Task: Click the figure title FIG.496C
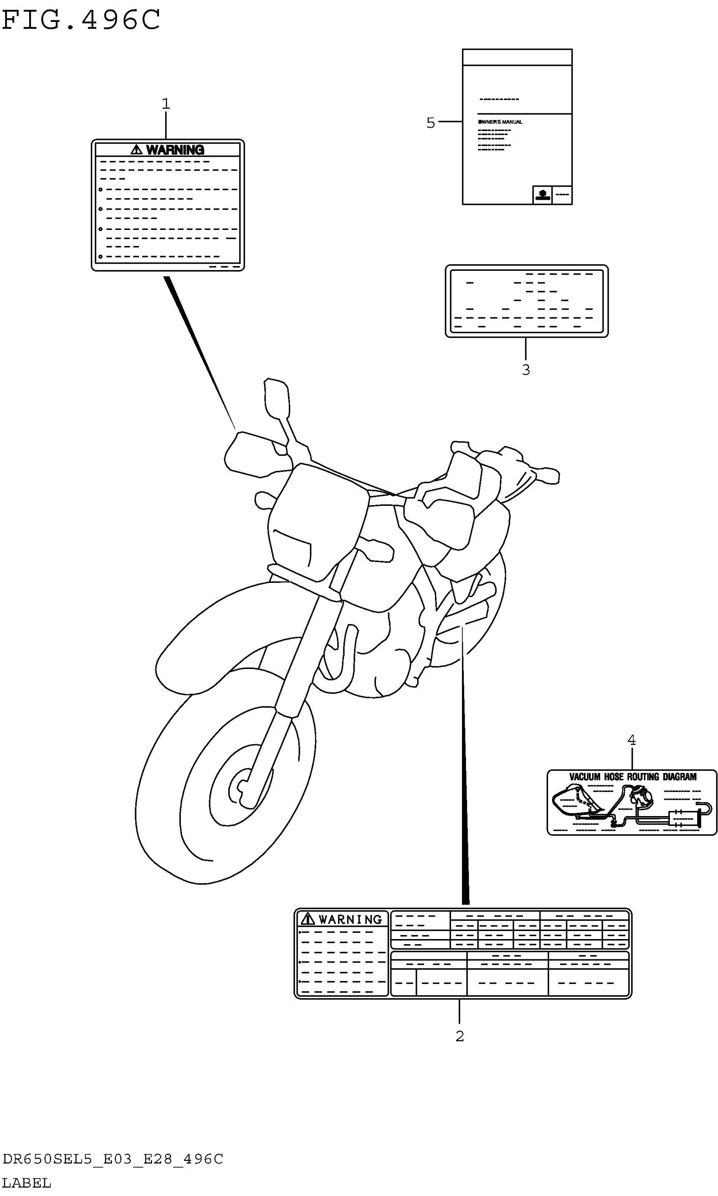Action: click(81, 20)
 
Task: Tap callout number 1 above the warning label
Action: click(166, 104)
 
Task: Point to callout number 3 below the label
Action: click(526, 370)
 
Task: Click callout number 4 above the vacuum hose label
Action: click(631, 740)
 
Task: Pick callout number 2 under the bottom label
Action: click(460, 1036)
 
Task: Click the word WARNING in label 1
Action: click(175, 150)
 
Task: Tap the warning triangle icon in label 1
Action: click(136, 150)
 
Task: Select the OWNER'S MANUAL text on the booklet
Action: click(500, 122)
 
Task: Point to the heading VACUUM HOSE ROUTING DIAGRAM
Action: click(632, 777)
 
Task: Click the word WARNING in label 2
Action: click(350, 920)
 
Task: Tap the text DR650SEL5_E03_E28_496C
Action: click(113, 1159)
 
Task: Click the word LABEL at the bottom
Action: click(26, 1183)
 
